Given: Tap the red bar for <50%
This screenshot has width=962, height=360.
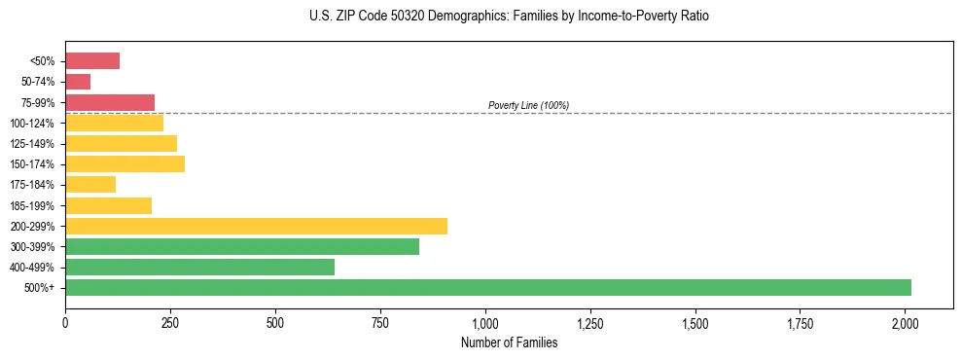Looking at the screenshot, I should pos(92,60).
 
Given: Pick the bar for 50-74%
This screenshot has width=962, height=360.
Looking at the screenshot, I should pos(78,82).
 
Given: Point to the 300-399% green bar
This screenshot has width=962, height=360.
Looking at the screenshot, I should pos(242,246).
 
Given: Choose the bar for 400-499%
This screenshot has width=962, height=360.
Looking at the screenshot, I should pos(199,267).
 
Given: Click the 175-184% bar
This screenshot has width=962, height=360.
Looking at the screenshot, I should pos(90,184).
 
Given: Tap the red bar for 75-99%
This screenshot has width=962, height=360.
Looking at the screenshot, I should pos(110,102).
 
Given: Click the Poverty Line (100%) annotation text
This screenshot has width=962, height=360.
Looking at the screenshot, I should pos(528,105).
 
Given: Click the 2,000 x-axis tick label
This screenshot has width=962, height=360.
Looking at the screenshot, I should pos(906,321).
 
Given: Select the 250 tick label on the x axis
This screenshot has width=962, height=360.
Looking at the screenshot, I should pos(170,321).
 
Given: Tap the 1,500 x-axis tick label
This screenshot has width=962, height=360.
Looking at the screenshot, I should pos(695,321).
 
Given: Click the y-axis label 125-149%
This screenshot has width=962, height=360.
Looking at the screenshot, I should pos(32,144).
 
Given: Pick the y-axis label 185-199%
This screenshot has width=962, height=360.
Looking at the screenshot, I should pos(32,205).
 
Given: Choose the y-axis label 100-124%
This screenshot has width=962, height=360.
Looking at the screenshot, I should pos(32,124).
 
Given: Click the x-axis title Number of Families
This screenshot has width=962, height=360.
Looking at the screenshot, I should pos(509,342).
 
